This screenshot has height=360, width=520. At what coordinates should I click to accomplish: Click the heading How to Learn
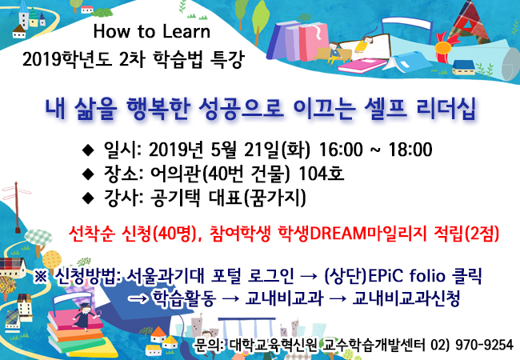[x=151, y=31]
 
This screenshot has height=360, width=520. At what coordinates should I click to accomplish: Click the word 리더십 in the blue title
[x=446, y=108]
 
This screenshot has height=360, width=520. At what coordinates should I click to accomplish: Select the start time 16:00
[x=341, y=150]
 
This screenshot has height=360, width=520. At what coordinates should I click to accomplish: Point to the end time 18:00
[x=410, y=150]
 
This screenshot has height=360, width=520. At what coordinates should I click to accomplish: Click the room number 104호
[x=321, y=174]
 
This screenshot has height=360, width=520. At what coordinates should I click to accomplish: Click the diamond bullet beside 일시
[x=88, y=150]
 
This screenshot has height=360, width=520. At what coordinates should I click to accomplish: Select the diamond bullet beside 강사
[x=88, y=198]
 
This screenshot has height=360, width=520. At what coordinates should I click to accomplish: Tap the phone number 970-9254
[x=484, y=345]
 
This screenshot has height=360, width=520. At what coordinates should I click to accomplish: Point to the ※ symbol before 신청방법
[x=41, y=277]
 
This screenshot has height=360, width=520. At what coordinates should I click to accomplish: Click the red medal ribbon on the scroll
[x=444, y=49]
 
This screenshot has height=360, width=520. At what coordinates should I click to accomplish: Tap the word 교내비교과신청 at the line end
[x=406, y=298]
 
